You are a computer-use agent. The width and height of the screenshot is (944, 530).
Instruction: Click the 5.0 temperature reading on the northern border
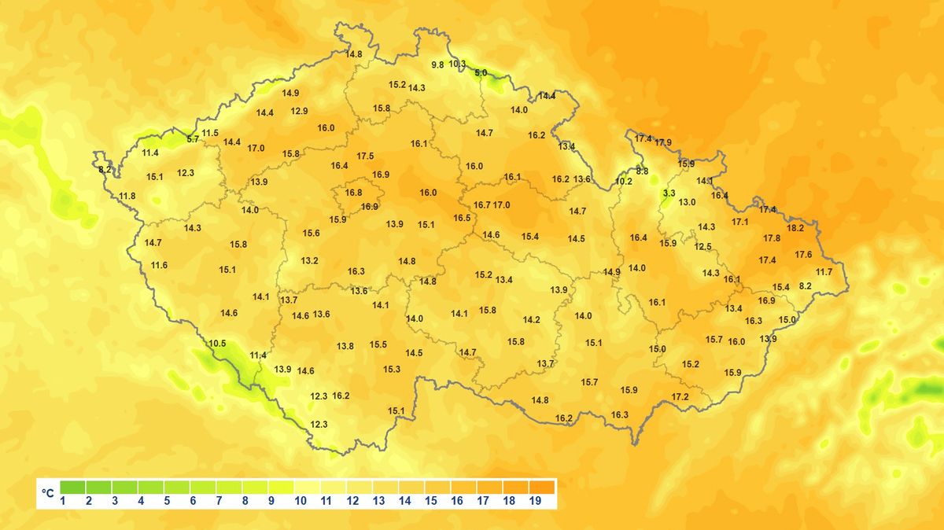[481, 73]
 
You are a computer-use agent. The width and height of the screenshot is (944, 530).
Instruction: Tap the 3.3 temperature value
[669, 193]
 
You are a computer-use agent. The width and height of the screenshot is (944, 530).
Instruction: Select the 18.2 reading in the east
[795, 228]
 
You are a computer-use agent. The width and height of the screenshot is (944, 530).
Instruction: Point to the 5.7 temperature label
[193, 139]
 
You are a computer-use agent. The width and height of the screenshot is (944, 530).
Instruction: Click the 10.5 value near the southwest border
[217, 344]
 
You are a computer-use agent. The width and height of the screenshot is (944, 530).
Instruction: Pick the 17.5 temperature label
[365, 156]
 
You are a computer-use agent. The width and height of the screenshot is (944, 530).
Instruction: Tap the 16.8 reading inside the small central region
[354, 193]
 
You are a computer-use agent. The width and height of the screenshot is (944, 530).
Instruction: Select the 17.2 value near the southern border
[680, 397]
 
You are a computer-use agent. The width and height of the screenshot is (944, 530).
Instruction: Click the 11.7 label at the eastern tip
[824, 272]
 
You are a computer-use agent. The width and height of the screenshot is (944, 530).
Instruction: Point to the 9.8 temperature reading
[437, 64]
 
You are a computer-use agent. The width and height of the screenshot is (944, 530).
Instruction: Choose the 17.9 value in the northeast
[663, 142]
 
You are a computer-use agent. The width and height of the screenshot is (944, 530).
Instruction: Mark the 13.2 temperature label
[309, 261]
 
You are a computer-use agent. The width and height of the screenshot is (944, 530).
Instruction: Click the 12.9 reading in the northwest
[299, 111]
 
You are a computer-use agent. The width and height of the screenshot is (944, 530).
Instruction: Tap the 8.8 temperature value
[642, 171]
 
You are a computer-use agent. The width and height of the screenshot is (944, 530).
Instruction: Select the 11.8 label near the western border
[127, 196]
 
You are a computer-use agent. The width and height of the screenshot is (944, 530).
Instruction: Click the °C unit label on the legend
[49, 493]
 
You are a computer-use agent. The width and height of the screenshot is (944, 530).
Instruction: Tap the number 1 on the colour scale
[62, 501]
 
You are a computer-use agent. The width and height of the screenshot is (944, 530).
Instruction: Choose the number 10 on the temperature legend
[301, 501]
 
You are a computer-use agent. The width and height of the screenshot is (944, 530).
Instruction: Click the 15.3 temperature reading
[392, 370]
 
